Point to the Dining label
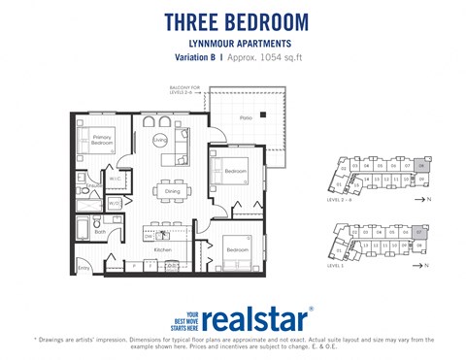[x=174, y=191]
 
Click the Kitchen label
[x=163, y=248]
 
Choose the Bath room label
[x=100, y=232]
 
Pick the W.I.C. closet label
[x=115, y=179]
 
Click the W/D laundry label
[x=114, y=203]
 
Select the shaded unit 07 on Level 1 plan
[x=419, y=233]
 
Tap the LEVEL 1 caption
[x=336, y=264]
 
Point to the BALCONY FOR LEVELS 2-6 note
[x=183, y=89]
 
